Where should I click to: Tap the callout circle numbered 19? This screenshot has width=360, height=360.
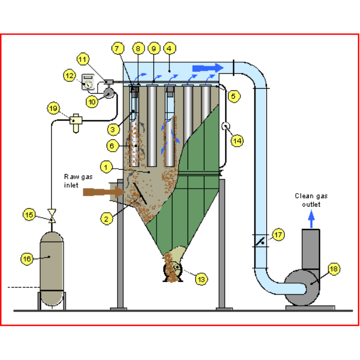(54, 108)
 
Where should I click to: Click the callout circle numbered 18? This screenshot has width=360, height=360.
(333, 269)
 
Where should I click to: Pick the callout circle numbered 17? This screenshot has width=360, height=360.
(279, 234)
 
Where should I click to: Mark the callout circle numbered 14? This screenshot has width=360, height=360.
(238, 140)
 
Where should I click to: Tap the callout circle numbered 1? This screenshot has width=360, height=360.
(106, 167)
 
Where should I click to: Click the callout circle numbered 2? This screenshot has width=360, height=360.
(106, 219)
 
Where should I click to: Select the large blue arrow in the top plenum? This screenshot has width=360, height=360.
(207, 68)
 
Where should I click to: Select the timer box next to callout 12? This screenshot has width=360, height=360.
(88, 82)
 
